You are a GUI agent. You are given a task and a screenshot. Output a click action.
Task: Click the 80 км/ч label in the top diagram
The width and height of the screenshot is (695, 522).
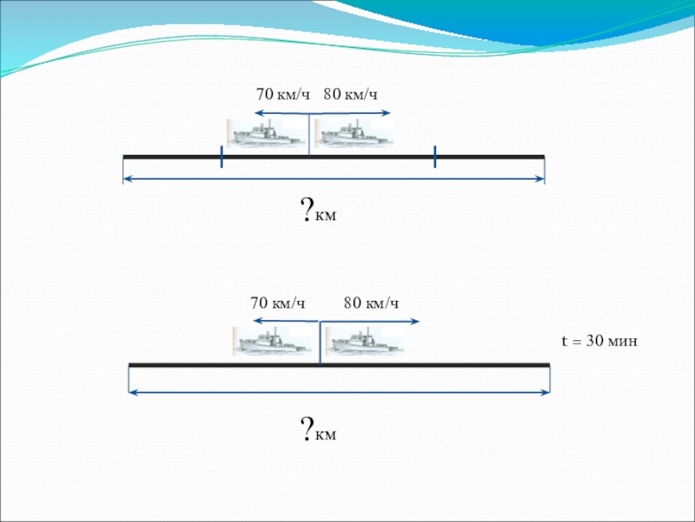tap(351, 94)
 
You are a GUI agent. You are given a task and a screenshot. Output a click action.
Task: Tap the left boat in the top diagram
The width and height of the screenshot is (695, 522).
tap(266, 133)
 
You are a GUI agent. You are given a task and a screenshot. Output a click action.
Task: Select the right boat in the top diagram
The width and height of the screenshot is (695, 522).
tap(353, 133)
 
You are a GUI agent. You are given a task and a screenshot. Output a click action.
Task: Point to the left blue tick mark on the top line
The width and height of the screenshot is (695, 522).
tap(222, 157)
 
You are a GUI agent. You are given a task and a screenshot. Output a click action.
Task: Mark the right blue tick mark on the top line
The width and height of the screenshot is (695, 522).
tap(434, 157)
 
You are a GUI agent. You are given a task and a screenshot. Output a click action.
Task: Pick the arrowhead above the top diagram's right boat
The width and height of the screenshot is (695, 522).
tap(388, 113)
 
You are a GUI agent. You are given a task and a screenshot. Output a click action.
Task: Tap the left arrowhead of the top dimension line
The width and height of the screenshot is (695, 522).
tap(127, 179)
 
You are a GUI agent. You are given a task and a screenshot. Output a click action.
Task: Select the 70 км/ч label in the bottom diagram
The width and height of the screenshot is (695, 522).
tap(278, 303)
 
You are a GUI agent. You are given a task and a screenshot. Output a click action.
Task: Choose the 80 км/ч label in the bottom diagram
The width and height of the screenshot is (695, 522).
tap(371, 303)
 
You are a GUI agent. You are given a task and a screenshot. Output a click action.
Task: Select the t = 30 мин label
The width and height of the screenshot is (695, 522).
tap(598, 342)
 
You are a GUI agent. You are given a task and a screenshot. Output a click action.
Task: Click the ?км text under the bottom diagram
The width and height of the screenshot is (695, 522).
tap(318, 430)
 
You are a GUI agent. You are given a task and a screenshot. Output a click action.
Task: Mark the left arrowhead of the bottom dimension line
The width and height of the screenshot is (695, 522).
tap(133, 391)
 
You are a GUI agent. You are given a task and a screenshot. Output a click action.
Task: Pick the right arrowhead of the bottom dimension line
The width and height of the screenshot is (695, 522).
tap(546, 391)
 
